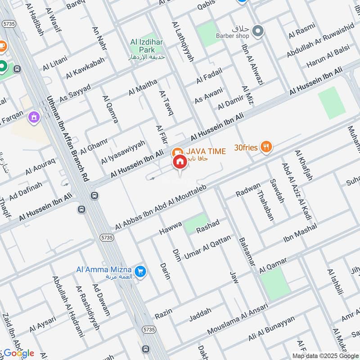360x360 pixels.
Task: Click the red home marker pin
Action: [x=180, y=162]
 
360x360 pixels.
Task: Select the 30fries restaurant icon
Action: [x=266, y=146]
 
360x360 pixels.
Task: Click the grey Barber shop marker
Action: [x=258, y=31]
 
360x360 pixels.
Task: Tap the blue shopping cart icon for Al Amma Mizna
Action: [x=140, y=271]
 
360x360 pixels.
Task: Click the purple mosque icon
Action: [x=33, y=118]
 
